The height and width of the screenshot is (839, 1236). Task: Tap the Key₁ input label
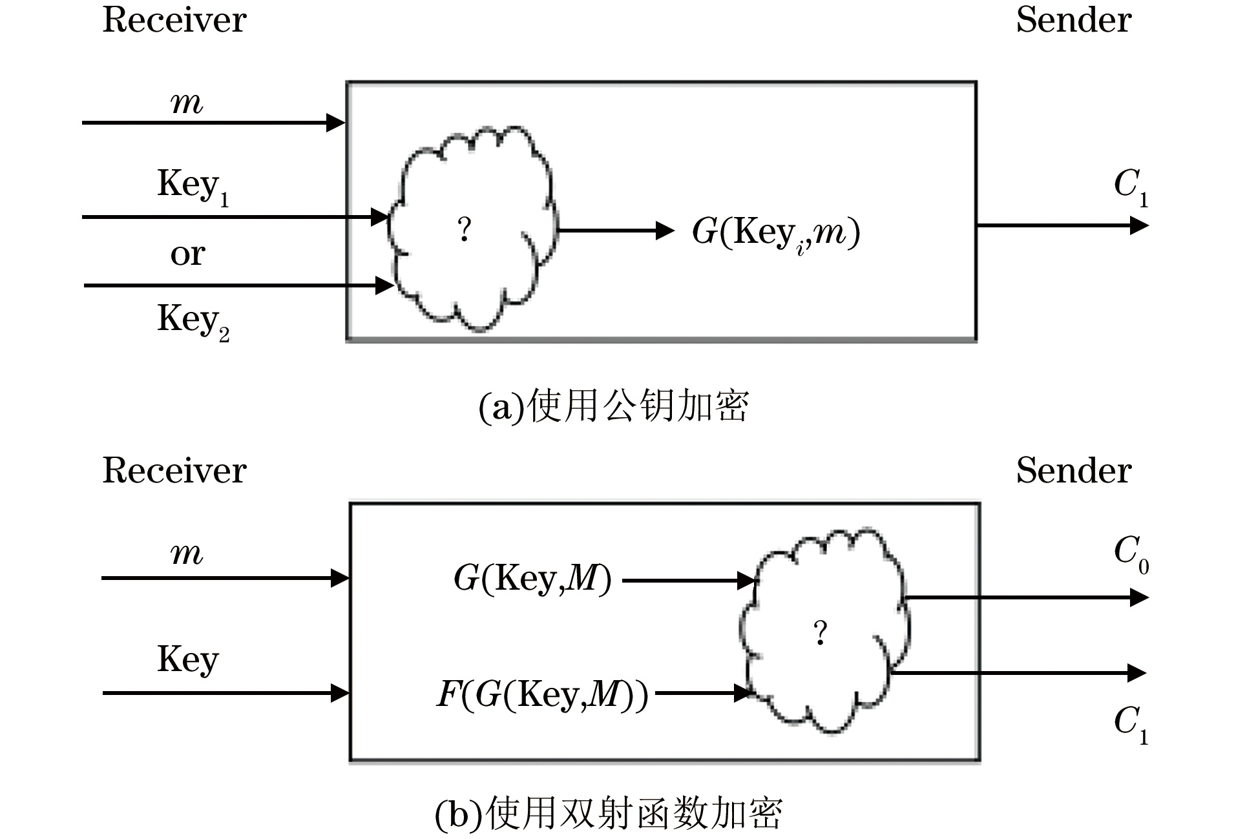193,186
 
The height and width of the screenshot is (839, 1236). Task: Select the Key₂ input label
193,321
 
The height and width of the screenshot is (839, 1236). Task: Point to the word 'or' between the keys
187,254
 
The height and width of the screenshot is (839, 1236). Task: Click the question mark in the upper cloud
464,230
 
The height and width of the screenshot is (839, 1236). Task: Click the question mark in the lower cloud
820,634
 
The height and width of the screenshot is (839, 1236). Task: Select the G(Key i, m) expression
775,233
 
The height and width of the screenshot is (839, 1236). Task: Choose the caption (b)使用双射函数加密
609,813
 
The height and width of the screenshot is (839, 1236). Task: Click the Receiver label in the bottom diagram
174,470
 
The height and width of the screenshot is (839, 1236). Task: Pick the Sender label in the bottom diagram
1073,470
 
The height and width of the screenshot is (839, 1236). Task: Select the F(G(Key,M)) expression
542,695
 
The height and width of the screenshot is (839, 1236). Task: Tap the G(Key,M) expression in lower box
532,579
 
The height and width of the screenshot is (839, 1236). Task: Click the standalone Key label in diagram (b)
188,660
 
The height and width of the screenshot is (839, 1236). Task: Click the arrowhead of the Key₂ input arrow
385,285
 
